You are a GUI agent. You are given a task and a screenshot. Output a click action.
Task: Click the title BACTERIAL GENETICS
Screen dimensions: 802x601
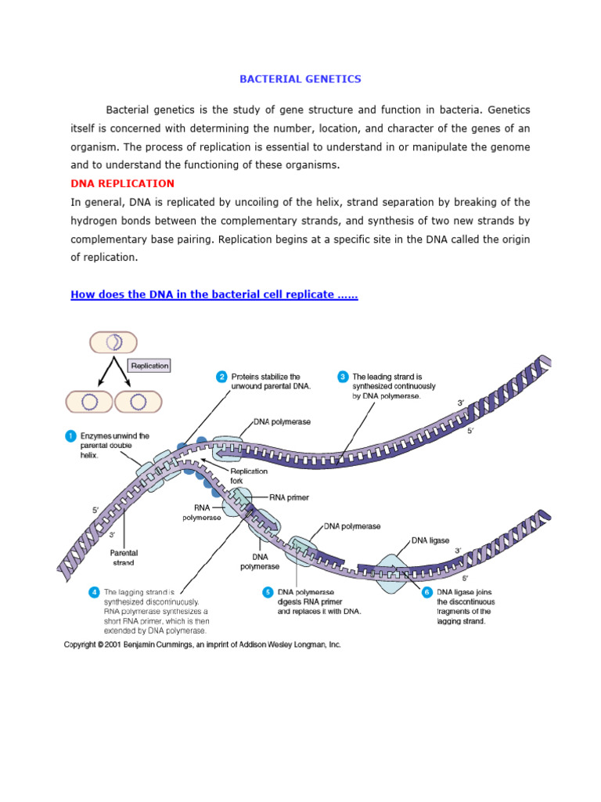point(300,79)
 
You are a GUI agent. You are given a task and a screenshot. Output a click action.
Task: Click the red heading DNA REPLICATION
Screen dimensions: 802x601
point(123,183)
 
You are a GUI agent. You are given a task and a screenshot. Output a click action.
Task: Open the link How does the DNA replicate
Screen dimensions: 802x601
point(214,294)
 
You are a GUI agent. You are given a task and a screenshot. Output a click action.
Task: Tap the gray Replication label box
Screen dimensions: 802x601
point(149,365)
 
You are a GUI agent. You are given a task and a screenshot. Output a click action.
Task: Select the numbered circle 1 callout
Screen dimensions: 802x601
point(71,435)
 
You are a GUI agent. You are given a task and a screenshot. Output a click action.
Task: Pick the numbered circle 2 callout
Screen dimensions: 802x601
point(222,377)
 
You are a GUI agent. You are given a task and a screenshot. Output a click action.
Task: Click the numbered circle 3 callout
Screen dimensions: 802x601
point(343,377)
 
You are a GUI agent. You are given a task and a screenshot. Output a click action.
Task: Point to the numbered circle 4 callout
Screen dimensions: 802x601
point(95,592)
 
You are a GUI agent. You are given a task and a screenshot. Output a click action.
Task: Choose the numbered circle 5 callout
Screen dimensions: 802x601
point(268,592)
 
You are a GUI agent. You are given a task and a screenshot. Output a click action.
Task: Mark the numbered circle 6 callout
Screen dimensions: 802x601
point(427,592)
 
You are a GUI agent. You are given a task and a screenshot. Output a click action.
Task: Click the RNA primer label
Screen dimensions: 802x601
point(290,497)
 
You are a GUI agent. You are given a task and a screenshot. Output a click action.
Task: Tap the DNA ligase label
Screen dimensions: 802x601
point(430,540)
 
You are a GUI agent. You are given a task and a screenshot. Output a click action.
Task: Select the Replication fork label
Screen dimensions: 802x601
point(249,476)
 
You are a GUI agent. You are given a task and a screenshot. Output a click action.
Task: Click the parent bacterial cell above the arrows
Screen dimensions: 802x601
point(113,342)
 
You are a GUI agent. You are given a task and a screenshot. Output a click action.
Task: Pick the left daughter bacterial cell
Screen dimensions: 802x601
point(90,402)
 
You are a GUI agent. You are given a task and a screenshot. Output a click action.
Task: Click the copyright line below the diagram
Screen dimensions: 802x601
point(203,645)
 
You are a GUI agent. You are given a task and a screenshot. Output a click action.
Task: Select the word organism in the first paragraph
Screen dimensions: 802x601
point(97,147)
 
